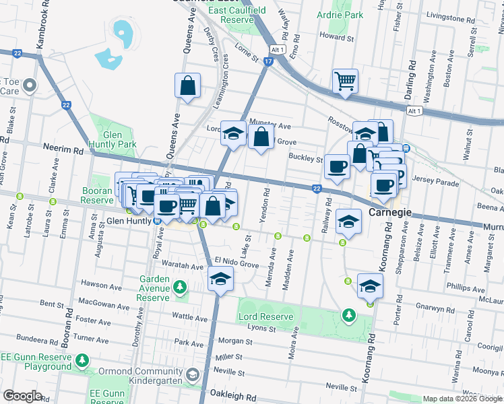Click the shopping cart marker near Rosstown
[345, 81]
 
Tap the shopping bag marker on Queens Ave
[188, 86]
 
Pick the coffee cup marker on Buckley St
[336, 166]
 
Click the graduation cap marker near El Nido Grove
[220, 279]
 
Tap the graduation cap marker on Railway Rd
[348, 221]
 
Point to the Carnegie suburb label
[391, 213]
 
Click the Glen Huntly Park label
[115, 139]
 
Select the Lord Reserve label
[265, 316]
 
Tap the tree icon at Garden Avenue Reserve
[179, 288]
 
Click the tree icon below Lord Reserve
[348, 314]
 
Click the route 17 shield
[268, 62]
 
